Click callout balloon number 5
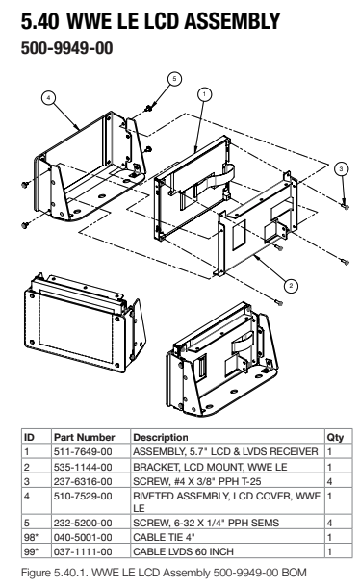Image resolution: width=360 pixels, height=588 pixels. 174,79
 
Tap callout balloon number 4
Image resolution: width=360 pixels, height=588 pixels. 48,98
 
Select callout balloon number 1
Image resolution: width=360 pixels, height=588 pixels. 204,93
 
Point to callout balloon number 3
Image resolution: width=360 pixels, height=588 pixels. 341,168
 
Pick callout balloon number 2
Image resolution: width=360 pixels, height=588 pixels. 291,286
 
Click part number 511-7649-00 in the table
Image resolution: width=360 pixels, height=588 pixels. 83,451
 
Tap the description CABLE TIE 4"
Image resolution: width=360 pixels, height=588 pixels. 164,537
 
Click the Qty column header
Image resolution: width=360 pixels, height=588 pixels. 335,437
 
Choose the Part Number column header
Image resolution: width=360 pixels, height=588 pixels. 85,437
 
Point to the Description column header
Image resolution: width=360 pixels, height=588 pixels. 161,437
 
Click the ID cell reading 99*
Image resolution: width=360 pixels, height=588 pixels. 31,552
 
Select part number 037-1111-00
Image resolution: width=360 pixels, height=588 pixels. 83,552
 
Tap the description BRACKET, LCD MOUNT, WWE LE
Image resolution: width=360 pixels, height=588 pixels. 210,467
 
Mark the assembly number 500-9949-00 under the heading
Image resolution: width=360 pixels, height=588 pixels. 66,48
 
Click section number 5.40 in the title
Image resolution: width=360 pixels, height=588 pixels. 39,21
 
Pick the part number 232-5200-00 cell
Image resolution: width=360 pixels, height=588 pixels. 83,523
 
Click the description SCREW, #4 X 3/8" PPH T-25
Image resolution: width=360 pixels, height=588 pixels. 197,481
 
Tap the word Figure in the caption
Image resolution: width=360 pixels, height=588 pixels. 36,574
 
